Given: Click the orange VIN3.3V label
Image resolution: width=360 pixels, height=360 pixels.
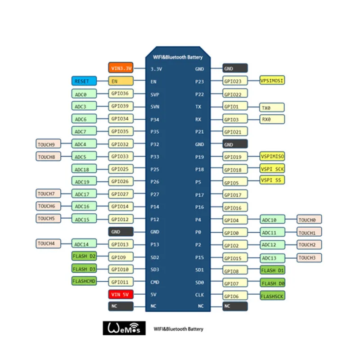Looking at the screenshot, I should click(x=121, y=68).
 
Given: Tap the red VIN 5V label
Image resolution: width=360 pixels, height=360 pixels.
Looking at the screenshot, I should click(x=121, y=295).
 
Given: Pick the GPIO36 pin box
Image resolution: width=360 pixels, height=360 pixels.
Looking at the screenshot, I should click(x=121, y=94).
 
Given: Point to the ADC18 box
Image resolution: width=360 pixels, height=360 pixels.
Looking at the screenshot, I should click(x=84, y=169).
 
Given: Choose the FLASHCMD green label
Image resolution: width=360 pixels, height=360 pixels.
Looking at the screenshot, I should click(x=84, y=281).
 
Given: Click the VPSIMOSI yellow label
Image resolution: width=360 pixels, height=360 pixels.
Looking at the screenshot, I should click(x=272, y=81).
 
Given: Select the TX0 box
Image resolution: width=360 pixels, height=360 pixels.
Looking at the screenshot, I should click(x=272, y=107).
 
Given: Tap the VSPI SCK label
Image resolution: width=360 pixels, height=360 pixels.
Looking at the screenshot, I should click(x=272, y=169).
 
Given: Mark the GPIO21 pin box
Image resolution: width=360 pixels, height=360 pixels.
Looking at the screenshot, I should click(x=235, y=132).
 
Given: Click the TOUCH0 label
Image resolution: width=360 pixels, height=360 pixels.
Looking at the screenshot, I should click(x=309, y=220).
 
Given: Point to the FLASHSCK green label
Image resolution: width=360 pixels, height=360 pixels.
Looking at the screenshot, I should click(x=272, y=296).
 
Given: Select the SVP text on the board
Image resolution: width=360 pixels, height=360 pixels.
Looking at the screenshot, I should click(x=155, y=94).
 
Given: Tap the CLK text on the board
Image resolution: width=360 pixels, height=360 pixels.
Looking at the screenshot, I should click(x=200, y=295).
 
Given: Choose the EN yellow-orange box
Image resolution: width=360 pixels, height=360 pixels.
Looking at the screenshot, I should click(x=121, y=81).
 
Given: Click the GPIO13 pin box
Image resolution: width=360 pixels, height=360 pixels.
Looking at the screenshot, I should click(x=121, y=244).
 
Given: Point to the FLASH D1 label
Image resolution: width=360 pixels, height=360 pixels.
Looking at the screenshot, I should click(x=272, y=270).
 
